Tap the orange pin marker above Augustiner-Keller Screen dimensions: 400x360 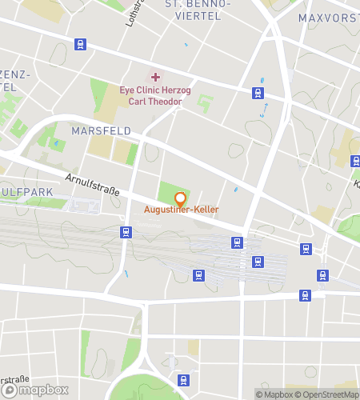pos(180,198)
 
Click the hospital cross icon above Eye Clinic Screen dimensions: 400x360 pos(155,77)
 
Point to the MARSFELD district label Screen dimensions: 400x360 pos(102,130)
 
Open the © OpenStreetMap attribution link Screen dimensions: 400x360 pos(327,394)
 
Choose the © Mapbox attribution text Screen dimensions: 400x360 pos(274,394)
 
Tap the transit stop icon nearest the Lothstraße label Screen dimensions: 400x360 pos(79,45)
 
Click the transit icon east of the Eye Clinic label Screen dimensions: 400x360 pos(258,94)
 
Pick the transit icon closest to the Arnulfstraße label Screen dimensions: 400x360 pos(126,232)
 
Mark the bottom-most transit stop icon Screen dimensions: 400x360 pos(183,380)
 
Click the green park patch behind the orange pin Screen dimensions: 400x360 pos(168,191)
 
